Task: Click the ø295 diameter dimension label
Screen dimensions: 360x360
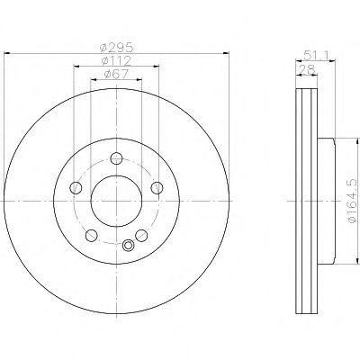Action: click(116, 48)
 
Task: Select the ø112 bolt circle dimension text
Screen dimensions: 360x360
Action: click(116, 61)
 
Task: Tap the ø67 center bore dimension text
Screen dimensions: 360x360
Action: click(116, 74)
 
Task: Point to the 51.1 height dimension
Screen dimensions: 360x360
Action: click(316, 55)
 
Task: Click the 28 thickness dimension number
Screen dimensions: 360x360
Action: click(307, 69)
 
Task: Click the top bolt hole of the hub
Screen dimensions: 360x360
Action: click(116, 158)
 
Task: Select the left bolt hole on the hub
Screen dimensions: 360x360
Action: click(76, 188)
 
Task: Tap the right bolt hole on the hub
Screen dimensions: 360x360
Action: click(157, 188)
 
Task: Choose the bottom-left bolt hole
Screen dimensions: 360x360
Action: click(91, 236)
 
